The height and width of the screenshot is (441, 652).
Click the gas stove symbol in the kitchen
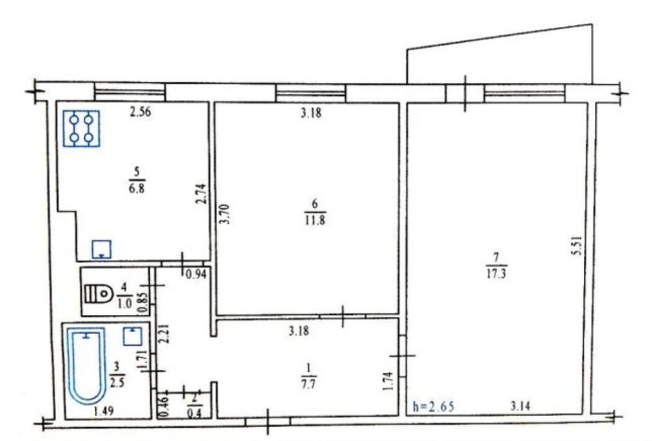[81, 128]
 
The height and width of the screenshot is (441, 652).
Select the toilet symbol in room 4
[99, 294]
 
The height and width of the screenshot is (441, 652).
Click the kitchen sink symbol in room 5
[101, 250]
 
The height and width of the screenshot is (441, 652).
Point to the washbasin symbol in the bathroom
[133, 336]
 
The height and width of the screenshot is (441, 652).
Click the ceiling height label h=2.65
[433, 406]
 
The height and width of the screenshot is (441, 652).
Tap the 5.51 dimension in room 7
[577, 246]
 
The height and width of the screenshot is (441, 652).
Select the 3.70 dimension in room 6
[225, 214]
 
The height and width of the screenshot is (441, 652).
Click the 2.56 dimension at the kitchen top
[140, 111]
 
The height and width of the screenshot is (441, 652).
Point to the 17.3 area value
[497, 273]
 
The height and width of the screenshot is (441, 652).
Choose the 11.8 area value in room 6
[315, 220]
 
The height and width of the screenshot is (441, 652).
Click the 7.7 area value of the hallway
[308, 383]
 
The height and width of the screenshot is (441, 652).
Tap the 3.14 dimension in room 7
[520, 405]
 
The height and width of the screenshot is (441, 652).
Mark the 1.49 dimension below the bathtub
[104, 411]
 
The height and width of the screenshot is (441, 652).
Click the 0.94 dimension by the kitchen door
[196, 275]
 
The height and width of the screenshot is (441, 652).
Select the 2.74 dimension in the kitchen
[201, 194]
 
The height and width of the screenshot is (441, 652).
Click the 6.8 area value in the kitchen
[137, 188]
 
